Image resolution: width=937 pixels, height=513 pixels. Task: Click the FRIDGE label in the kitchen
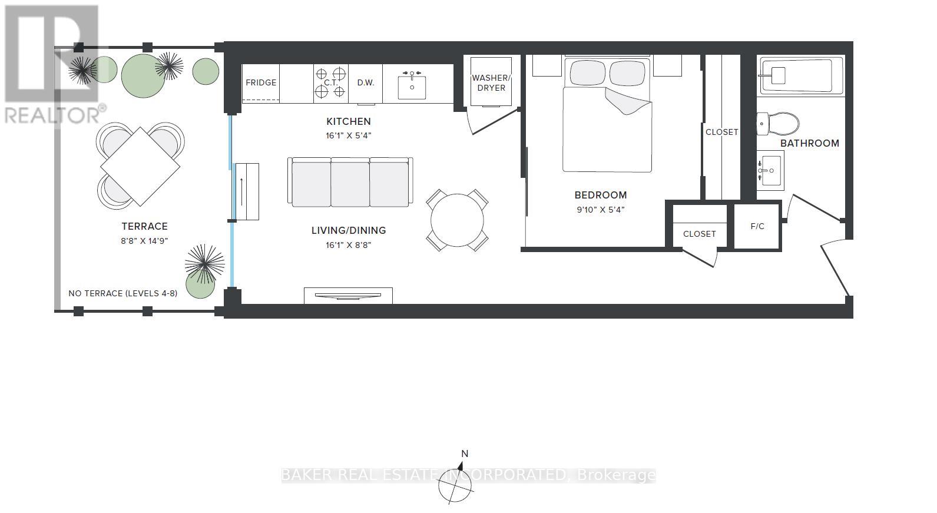(261, 83)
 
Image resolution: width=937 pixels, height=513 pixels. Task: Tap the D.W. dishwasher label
(366, 83)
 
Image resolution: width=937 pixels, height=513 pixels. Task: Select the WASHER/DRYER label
(491, 83)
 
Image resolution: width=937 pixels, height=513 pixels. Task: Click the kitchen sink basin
(412, 87)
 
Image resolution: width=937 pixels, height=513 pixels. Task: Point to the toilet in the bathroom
(777, 124)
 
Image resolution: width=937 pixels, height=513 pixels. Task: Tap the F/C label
(757, 226)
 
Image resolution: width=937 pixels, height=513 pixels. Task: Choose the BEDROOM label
(601, 195)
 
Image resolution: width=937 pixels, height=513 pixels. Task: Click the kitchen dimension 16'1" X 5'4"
(349, 135)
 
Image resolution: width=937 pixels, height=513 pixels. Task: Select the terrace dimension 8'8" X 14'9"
(144, 241)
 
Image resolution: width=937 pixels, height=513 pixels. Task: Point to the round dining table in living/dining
(457, 220)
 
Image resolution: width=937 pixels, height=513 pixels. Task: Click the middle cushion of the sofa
(350, 184)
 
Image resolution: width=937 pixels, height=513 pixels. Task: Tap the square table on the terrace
(140, 167)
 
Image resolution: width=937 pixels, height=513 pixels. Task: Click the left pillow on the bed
(588, 72)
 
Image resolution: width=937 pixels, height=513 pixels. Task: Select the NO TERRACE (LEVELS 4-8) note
(123, 293)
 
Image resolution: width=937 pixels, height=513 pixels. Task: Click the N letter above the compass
(465, 454)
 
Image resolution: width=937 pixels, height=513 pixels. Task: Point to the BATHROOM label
(810, 143)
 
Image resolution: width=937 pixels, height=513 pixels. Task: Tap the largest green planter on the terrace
(143, 76)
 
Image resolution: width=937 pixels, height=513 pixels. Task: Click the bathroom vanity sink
(770, 170)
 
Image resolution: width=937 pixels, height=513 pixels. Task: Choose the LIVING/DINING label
(349, 230)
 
